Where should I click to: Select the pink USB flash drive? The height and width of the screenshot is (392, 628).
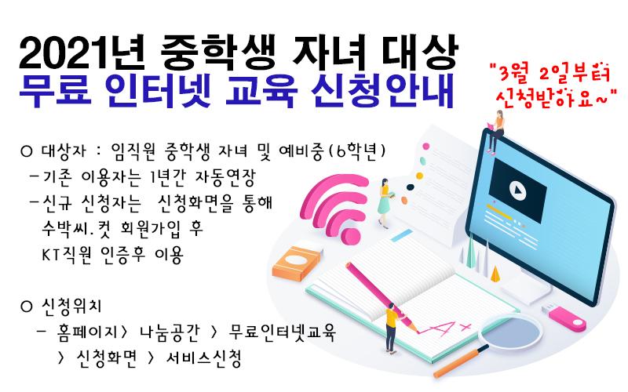click(x=564, y=318)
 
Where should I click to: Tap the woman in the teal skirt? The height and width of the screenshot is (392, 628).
click(x=385, y=203)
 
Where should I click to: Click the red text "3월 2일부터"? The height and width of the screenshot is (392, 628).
click(x=553, y=73)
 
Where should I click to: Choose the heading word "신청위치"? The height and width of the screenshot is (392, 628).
click(x=71, y=307)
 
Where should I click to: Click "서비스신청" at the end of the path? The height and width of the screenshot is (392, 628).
click(x=204, y=358)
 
